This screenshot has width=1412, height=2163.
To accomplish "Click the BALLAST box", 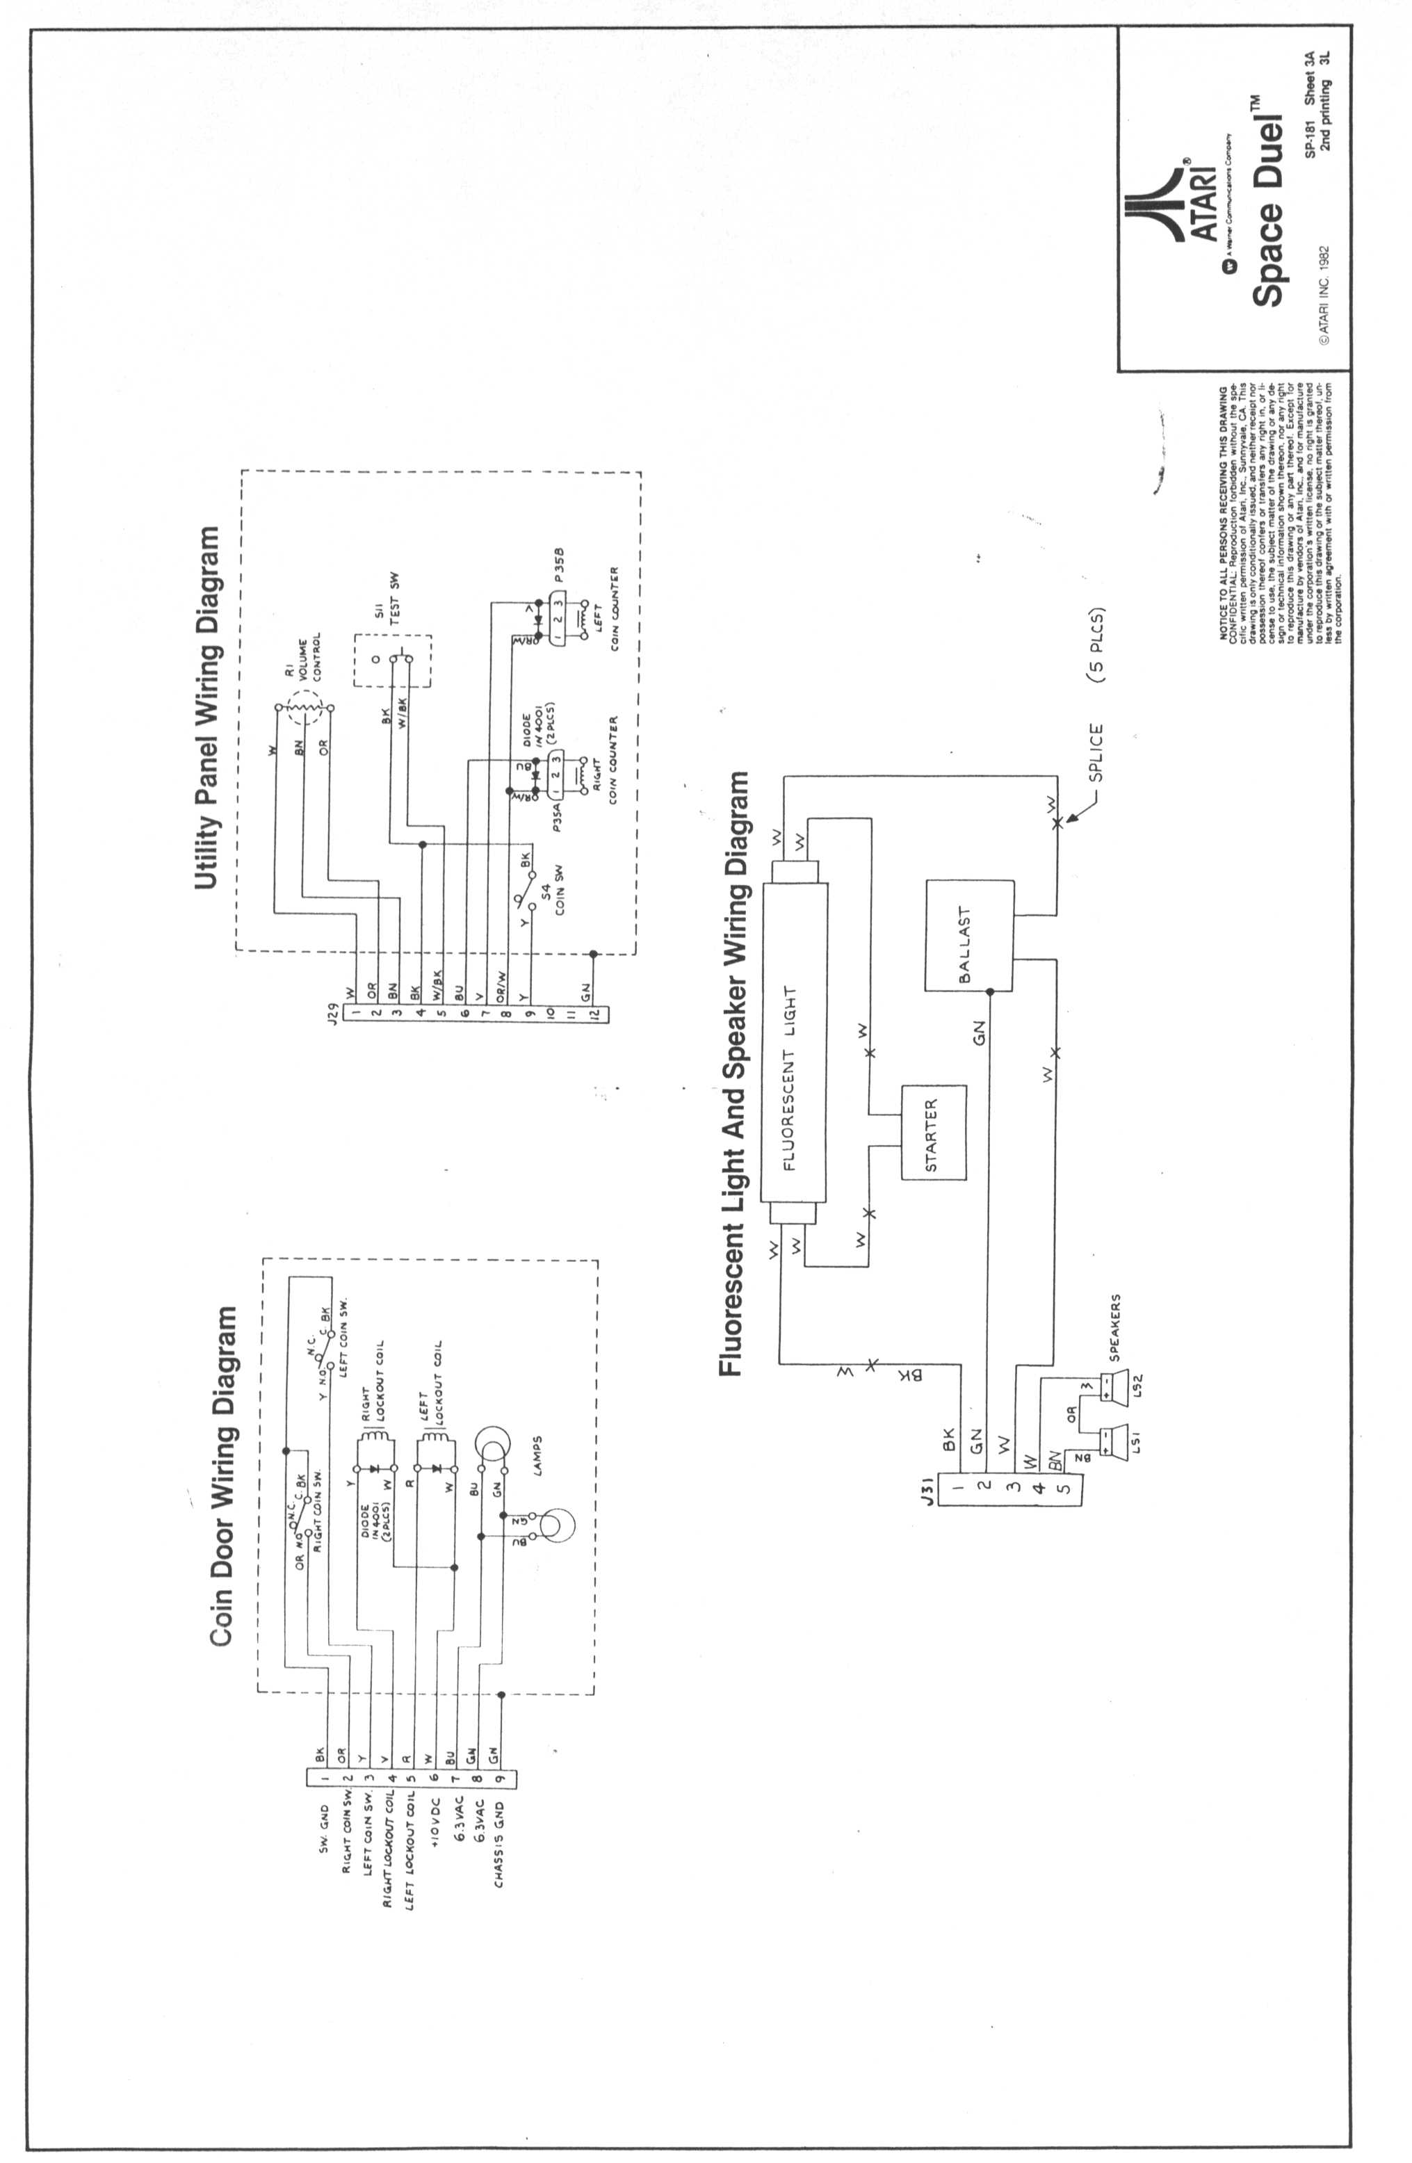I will point(968,935).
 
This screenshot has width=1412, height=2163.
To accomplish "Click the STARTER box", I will point(932,1133).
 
